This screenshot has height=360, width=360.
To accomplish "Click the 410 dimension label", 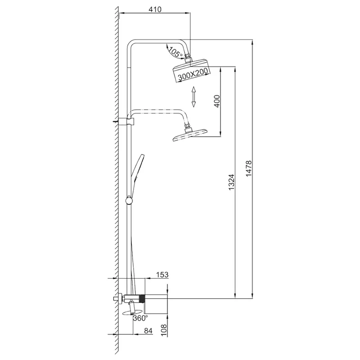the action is [x=155, y=9].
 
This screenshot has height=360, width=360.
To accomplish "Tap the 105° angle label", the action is [x=175, y=52].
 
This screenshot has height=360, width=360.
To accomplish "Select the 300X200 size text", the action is [x=193, y=74].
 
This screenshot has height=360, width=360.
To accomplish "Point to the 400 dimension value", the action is [x=217, y=101].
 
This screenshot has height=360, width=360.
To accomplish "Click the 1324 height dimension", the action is [x=232, y=182].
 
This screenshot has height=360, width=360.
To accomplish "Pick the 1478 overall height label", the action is [x=249, y=169].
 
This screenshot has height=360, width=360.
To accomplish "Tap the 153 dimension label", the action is [x=162, y=274].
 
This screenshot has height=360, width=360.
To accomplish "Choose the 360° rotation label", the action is [x=140, y=318].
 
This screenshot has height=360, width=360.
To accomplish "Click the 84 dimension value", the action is [x=148, y=331].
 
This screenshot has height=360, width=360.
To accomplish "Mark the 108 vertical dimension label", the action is [x=164, y=330].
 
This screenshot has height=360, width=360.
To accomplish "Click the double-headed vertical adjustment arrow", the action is [x=193, y=97].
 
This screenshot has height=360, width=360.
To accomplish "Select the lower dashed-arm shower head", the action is [x=190, y=135].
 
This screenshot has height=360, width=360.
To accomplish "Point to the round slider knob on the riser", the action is [x=129, y=201].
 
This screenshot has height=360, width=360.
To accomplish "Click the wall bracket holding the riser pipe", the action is [x=126, y=121].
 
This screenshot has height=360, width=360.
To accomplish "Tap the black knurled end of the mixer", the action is [x=142, y=298].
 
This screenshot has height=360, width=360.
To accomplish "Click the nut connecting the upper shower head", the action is [x=187, y=56].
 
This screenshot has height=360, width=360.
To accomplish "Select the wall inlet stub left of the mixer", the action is [x=116, y=299].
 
